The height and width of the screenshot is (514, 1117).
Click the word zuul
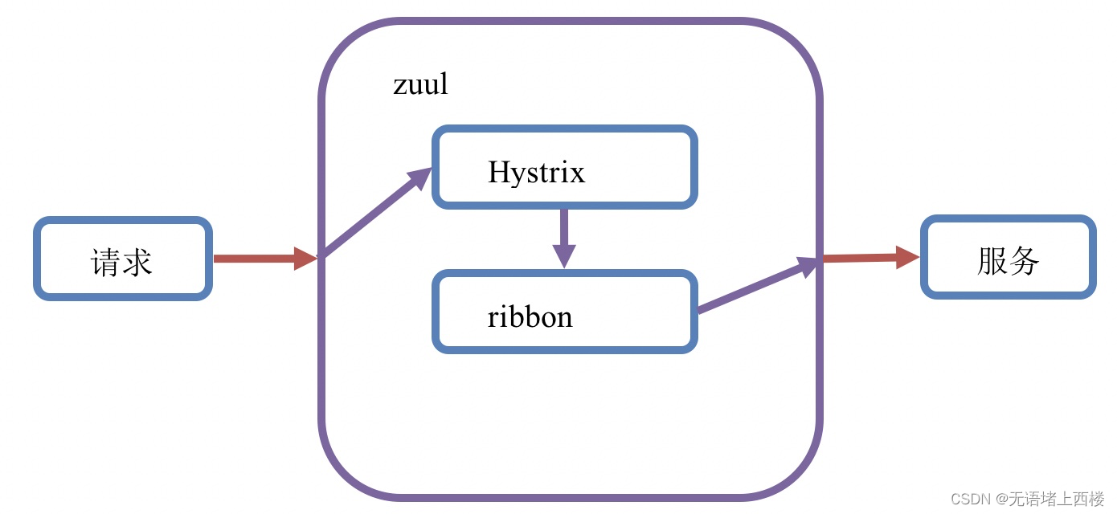point(420,84)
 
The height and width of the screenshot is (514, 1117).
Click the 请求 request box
point(122,259)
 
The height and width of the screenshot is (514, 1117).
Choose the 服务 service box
point(1008,258)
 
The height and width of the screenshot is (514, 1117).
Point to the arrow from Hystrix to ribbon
point(564,229)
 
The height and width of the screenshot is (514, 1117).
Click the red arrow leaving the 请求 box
point(257,259)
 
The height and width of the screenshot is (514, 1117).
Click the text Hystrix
point(536,172)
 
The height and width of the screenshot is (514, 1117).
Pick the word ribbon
point(530,316)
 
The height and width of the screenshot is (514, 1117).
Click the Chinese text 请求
point(122,262)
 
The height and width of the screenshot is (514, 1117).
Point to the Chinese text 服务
point(1008,261)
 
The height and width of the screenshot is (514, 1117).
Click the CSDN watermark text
point(970,499)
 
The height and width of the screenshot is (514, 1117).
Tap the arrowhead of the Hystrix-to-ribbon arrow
point(564,255)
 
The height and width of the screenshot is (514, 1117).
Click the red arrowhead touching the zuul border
point(306,259)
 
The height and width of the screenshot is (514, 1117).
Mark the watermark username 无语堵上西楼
point(1056,499)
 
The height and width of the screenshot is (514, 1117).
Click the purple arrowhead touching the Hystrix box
point(420,177)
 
